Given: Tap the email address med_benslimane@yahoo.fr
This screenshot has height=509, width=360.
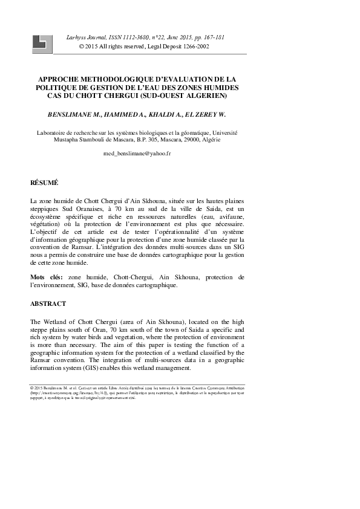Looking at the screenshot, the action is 137,154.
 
